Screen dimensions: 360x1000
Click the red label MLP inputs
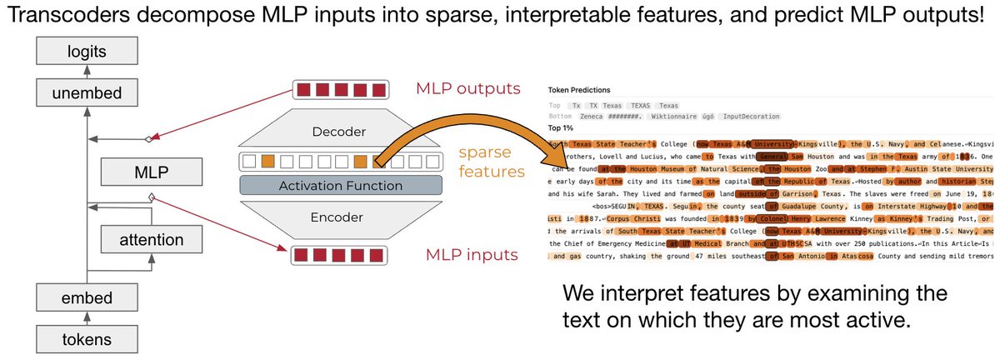(x=467, y=254)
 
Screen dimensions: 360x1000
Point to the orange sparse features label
(x=491, y=162)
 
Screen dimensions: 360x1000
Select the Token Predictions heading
(x=579, y=89)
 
